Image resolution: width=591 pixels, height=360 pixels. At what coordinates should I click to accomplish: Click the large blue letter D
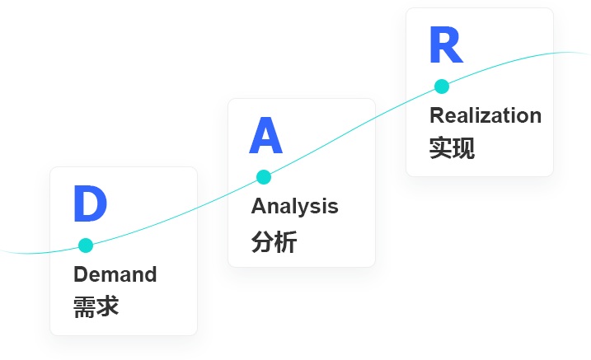click(x=90, y=203)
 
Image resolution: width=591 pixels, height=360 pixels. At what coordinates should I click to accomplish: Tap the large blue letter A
click(x=265, y=137)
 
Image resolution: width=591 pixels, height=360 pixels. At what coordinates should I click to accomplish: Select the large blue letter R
click(x=445, y=46)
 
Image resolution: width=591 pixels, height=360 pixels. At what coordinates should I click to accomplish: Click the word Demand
click(x=115, y=274)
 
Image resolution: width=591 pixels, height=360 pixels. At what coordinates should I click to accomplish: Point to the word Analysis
click(x=294, y=206)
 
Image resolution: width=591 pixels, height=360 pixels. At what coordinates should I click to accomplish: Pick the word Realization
click(x=485, y=115)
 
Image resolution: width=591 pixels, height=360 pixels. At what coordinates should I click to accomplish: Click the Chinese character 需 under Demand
click(x=85, y=306)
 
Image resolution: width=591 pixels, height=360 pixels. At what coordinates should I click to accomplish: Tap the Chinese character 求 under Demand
click(x=108, y=306)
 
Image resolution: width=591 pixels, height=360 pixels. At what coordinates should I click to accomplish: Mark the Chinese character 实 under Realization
click(x=440, y=147)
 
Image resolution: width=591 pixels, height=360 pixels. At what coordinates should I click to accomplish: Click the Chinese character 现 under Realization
click(x=463, y=147)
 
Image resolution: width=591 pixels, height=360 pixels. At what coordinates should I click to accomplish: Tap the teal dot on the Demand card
click(x=85, y=245)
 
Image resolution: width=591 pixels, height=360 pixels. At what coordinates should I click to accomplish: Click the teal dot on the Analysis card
click(x=264, y=176)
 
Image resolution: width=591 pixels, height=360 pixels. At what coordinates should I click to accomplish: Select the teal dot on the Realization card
click(x=442, y=86)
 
